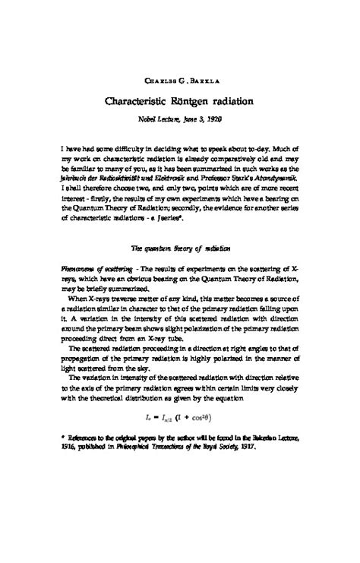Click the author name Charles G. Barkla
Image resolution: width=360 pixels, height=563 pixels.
point(180,81)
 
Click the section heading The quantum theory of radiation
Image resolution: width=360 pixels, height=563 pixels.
point(179,225)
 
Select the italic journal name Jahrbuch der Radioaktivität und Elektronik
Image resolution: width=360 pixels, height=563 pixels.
point(128,173)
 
